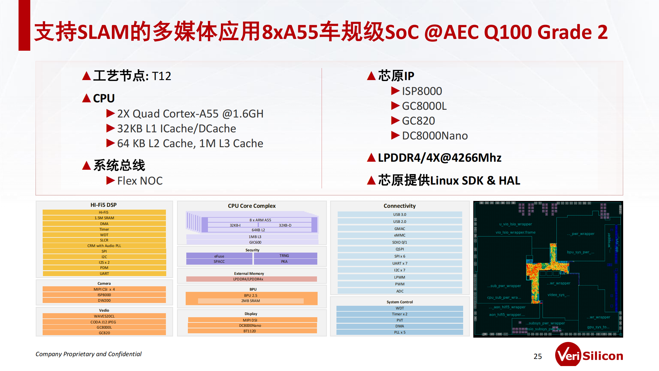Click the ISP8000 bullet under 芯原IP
tap(422, 91)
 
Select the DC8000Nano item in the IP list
tap(434, 136)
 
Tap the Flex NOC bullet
tap(140, 181)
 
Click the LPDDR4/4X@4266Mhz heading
tap(439, 158)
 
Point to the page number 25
tap(538, 356)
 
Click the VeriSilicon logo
tap(589, 356)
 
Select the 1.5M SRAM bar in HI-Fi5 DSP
tap(104, 218)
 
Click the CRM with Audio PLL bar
tap(104, 246)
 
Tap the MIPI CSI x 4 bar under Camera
tap(104, 289)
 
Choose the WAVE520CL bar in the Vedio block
tap(104, 316)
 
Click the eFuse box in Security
tap(219, 256)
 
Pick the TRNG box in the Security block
tap(284, 256)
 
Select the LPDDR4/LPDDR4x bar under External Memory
tap(251, 279)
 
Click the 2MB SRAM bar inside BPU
tap(251, 301)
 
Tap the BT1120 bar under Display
tap(250, 331)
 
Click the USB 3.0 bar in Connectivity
tap(399, 215)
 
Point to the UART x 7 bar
tap(399, 263)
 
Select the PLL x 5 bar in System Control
tap(399, 332)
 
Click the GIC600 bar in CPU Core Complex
tap(255, 242)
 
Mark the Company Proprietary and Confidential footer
tap(88, 354)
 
